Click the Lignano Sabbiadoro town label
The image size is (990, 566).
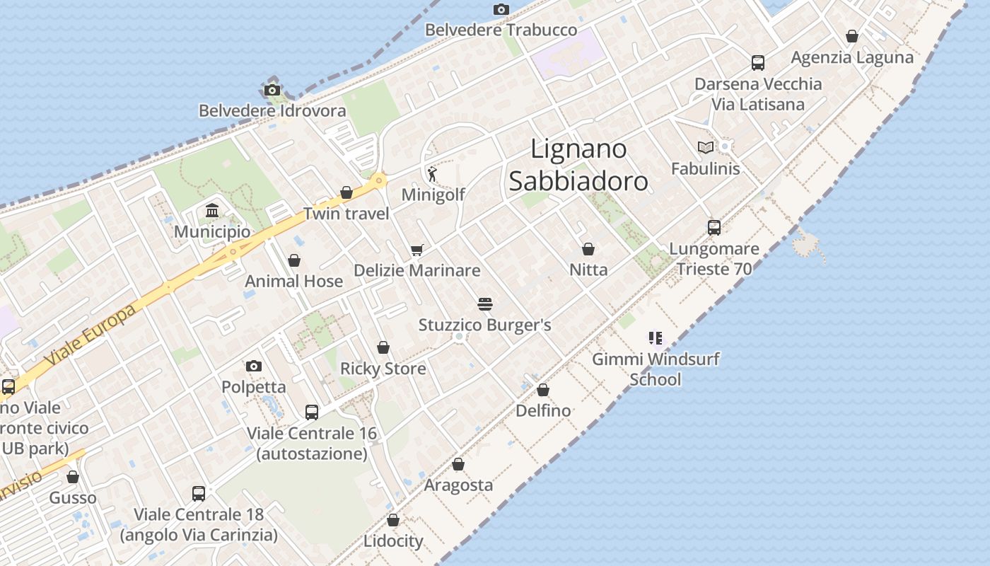tap(578, 166)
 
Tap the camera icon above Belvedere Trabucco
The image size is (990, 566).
tap(501, 9)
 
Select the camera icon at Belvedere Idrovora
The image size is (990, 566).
tap(272, 90)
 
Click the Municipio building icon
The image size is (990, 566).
tap(211, 211)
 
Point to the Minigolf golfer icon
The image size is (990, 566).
tap(432, 173)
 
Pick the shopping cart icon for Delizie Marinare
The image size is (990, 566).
tap(417, 250)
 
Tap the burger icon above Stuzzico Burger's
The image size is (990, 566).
tap(485, 304)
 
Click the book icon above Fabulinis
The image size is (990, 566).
tap(705, 147)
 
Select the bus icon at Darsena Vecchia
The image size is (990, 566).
tap(758, 63)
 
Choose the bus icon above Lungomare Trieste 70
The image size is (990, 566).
tap(714, 228)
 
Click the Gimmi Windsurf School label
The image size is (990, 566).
tap(656, 369)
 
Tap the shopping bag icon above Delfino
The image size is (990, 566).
tap(543, 390)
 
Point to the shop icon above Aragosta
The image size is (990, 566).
tap(458, 465)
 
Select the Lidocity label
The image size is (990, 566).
tap(393, 541)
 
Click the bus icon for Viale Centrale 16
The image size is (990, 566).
tap(312, 412)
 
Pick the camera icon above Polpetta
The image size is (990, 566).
tap(254, 366)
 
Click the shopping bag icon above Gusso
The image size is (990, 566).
tap(73, 477)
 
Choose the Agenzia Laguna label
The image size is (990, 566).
tap(852, 57)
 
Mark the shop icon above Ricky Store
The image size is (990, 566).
tap(383, 347)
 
